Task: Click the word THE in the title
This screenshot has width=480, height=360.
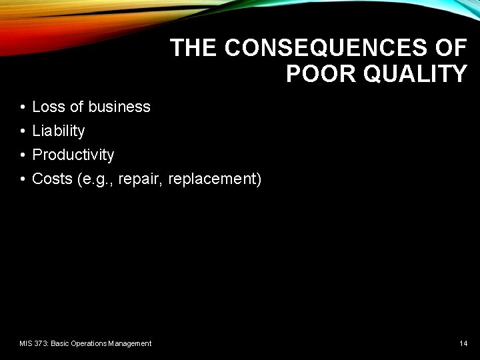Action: click(194, 48)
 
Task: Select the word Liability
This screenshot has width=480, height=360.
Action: click(59, 131)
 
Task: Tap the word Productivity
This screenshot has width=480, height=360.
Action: click(73, 155)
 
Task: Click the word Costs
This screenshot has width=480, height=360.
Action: click(51, 179)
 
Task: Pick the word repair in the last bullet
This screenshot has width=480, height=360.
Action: click(141, 179)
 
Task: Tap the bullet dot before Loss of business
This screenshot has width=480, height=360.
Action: click(22, 107)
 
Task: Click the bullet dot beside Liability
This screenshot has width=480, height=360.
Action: click(22, 131)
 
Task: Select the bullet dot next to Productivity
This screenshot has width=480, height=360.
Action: click(22, 155)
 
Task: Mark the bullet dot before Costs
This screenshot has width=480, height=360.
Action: click(22, 179)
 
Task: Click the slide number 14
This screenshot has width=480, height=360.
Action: click(463, 343)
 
